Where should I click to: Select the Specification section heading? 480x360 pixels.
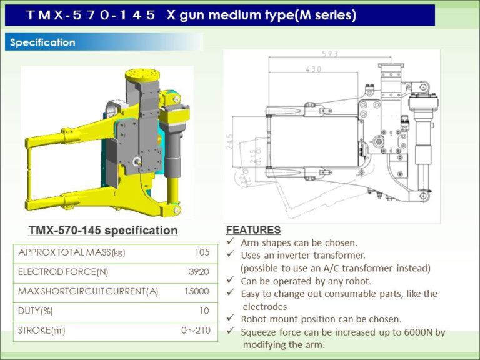tap(42, 42)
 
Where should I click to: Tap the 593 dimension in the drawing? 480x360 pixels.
tap(329, 54)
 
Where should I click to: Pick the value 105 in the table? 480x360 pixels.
tap(201, 252)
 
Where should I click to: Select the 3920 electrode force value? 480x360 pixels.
tap(198, 272)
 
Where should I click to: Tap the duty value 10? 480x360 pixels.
tap(204, 311)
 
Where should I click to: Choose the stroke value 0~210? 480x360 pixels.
tap(195, 330)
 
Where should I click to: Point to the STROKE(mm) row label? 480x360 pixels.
tap(42, 330)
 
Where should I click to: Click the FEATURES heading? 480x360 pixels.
tap(253, 230)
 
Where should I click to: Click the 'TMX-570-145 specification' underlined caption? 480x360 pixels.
tap(103, 231)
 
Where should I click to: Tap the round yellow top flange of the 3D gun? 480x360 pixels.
tap(144, 76)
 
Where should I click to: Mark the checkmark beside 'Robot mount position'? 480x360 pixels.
tap(230, 319)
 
